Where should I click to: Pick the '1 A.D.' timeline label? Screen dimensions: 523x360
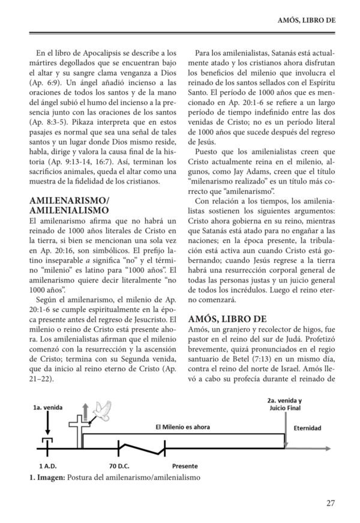[47, 466]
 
